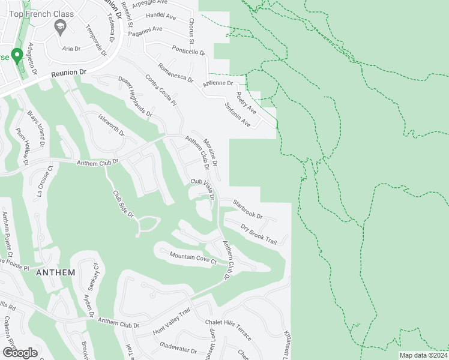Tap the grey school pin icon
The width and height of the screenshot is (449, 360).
click(59, 26)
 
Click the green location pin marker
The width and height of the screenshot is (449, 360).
click(17, 56)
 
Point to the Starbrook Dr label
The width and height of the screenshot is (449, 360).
click(248, 210)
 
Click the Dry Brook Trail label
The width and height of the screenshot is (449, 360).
click(258, 233)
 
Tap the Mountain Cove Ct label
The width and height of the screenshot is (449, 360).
click(193, 259)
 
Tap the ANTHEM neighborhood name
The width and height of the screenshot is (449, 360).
click(56, 272)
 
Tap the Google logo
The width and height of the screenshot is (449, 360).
click(20, 352)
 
